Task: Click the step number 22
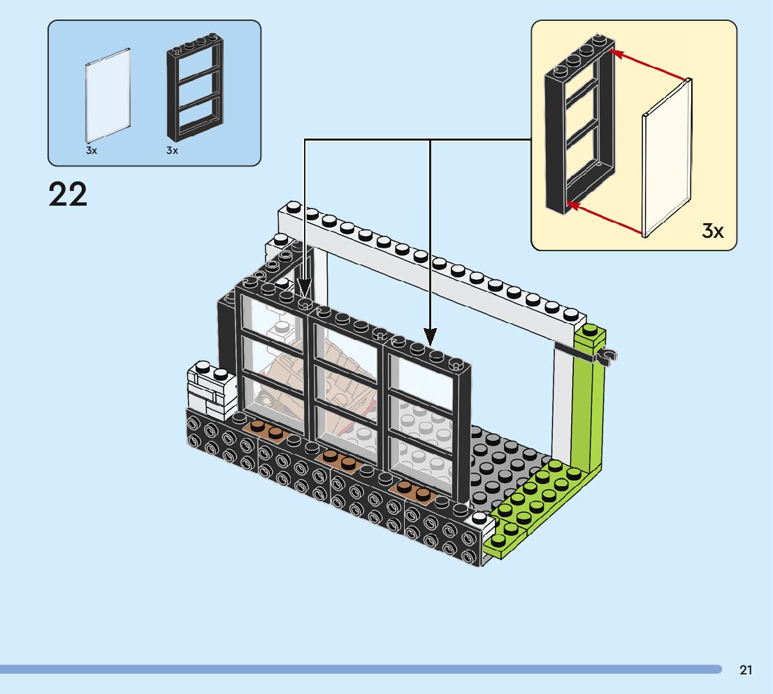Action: pyautogui.click(x=68, y=194)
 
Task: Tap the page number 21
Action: pyautogui.click(x=745, y=670)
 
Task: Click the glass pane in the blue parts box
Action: pyautogui.click(x=108, y=95)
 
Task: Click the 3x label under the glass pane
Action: pyautogui.click(x=91, y=150)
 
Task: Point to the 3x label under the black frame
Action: pyautogui.click(x=172, y=150)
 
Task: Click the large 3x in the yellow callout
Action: pyautogui.click(x=713, y=230)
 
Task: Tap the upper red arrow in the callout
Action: pyautogui.click(x=647, y=64)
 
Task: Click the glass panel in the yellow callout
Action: pyautogui.click(x=667, y=158)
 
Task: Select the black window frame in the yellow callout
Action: pyautogui.click(x=580, y=124)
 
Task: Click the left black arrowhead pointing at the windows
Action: pyautogui.click(x=305, y=288)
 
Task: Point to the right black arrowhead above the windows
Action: pyautogui.click(x=431, y=337)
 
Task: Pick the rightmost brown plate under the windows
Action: pyautogui.click(x=412, y=490)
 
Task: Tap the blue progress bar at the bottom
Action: pyautogui.click(x=361, y=670)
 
